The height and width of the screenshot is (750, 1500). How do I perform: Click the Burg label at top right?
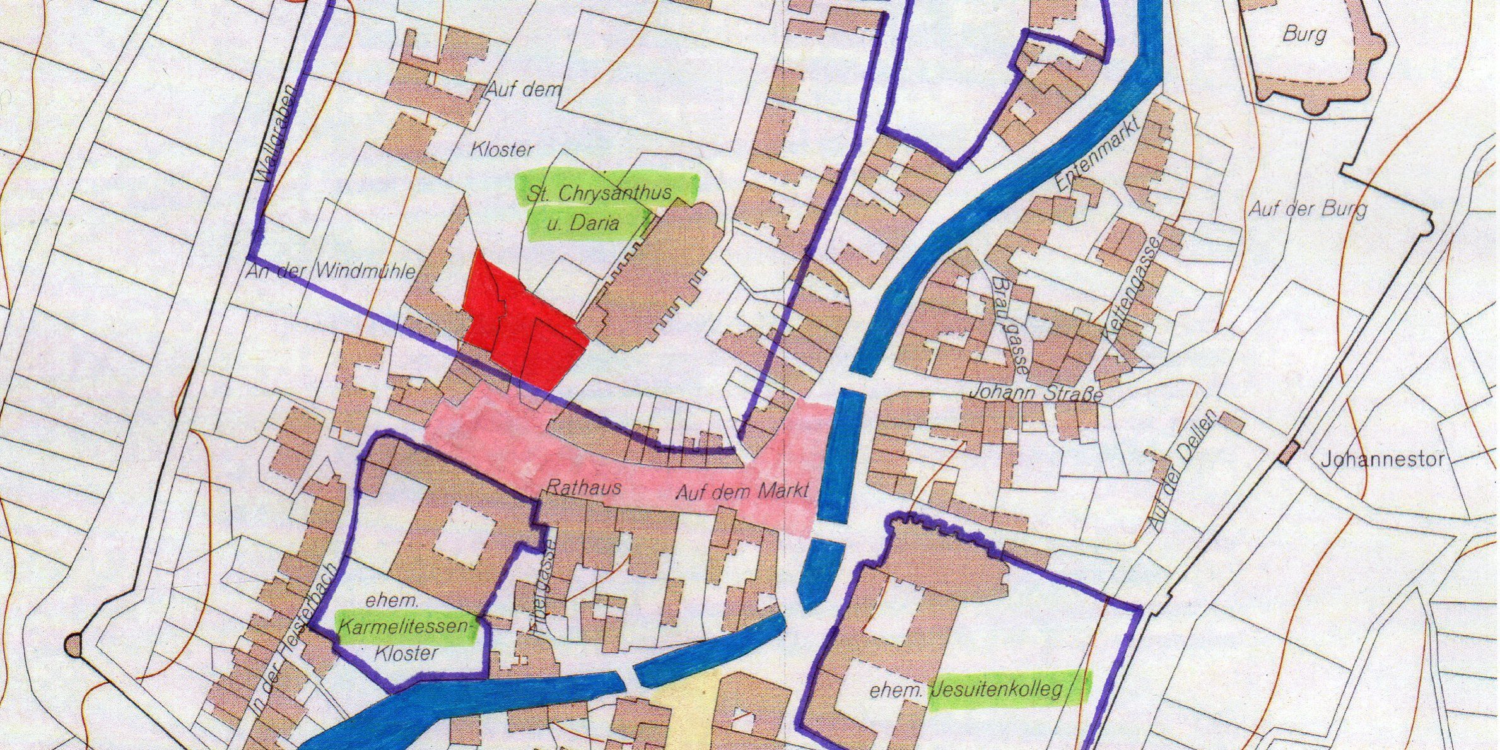click(x=1304, y=33)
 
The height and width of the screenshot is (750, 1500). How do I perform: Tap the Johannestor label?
click(x=1381, y=459)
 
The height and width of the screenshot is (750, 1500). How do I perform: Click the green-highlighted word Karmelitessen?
click(x=405, y=627)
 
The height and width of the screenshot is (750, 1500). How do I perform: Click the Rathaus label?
click(x=583, y=487)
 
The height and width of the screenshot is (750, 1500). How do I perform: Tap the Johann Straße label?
click(x=1034, y=392)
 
